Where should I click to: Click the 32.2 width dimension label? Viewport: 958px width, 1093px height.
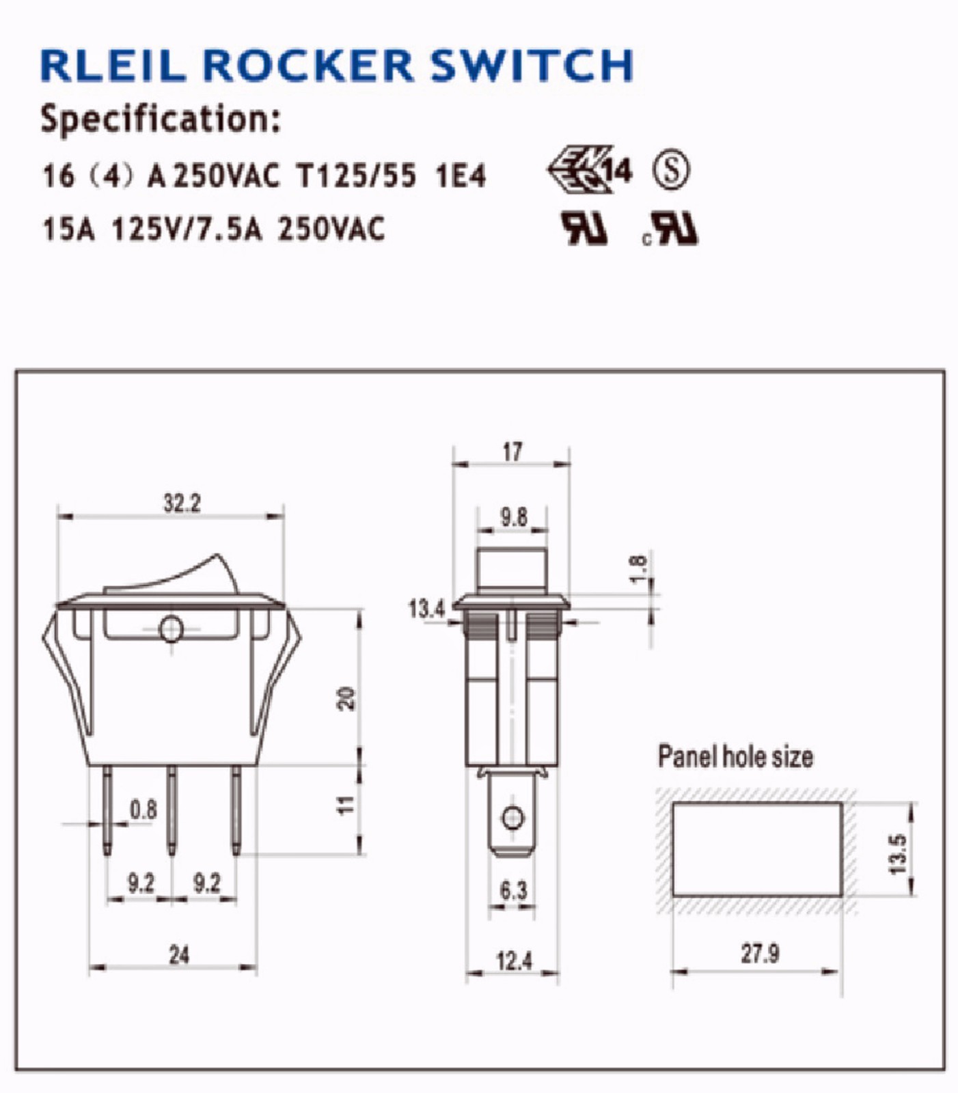tap(182, 503)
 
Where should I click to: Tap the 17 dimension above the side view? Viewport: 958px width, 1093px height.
tap(512, 452)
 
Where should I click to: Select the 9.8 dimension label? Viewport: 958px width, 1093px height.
tap(513, 517)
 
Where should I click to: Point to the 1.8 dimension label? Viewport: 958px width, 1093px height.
tap(637, 570)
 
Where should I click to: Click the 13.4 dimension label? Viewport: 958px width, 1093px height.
tap(426, 608)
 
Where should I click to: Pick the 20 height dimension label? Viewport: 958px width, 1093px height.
tap(347, 698)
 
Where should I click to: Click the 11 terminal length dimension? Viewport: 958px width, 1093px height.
tap(347, 805)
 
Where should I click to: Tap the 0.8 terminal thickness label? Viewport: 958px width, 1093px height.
tap(143, 810)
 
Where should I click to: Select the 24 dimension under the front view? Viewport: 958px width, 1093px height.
tap(179, 955)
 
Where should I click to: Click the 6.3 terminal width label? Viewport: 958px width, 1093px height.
tap(513, 891)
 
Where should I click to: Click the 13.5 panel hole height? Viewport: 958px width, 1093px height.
tap(898, 853)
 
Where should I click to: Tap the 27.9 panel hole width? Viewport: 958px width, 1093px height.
tap(760, 953)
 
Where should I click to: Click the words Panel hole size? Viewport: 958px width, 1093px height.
tap(735, 757)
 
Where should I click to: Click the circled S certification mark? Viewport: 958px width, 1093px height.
tap(671, 170)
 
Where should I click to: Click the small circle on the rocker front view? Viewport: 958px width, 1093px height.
tap(171, 629)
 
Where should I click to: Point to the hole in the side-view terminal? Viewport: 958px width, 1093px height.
tap(512, 817)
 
